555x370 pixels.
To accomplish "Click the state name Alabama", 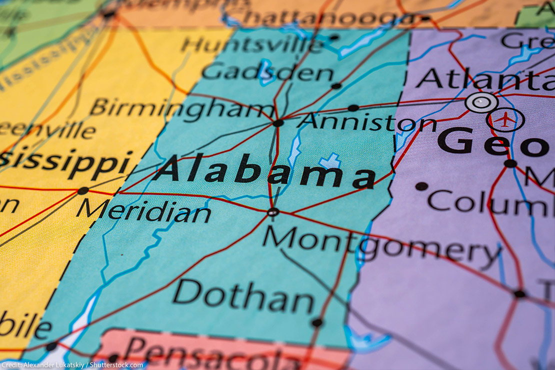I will pos(264,171).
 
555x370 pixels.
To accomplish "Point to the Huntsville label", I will pos(252,45).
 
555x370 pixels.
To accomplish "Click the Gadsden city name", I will pos(267,73).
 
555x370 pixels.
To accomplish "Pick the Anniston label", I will pos(366,121).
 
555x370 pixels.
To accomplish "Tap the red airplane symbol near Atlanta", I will pos(505,119).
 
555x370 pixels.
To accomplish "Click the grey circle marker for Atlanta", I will pos(481,102).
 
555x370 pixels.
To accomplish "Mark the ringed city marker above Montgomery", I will pos(273,212).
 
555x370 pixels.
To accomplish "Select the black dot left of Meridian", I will pos(83,190).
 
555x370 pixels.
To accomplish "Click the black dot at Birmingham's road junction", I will pos(278,123).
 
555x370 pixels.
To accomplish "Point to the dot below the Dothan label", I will pos(316,323).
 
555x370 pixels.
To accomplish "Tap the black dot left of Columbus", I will pos(421,186).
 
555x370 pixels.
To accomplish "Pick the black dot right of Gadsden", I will pos(336,86).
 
